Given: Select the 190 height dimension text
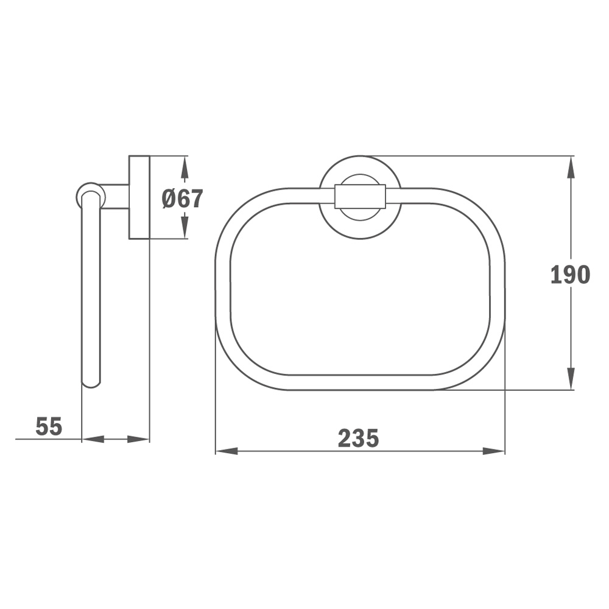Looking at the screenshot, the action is pyautogui.click(x=570, y=275).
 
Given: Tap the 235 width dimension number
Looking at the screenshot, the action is pyautogui.click(x=358, y=438).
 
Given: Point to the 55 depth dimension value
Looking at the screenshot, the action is pyautogui.click(x=49, y=426).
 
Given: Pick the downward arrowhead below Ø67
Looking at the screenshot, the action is pyautogui.click(x=185, y=227).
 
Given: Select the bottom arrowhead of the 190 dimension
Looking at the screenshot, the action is pyautogui.click(x=571, y=378).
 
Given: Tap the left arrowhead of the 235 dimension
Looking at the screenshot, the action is pyautogui.click(x=227, y=451).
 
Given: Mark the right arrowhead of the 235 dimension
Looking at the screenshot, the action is pyautogui.click(x=494, y=451).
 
